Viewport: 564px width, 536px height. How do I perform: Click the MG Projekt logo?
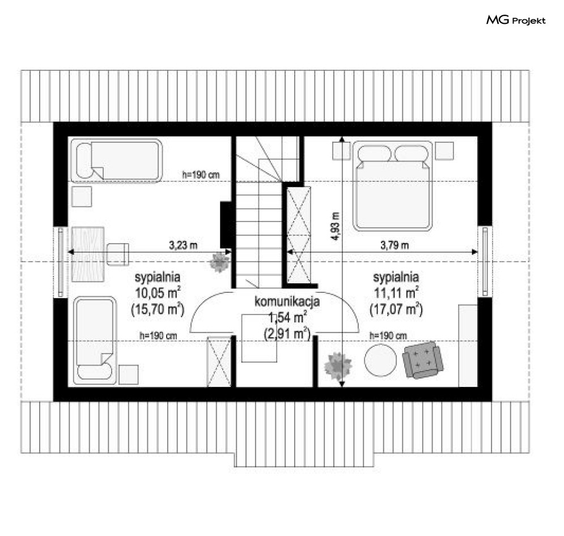[x=516, y=20]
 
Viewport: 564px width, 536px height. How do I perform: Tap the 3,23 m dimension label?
[x=183, y=245]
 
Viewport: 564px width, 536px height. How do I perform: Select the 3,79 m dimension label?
[x=395, y=245]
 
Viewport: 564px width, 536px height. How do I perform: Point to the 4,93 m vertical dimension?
[x=335, y=226]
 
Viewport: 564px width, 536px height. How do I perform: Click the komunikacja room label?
[x=287, y=301]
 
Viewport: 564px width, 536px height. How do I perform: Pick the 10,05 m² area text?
[x=158, y=292]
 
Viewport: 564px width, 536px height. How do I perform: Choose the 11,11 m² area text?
[x=396, y=292]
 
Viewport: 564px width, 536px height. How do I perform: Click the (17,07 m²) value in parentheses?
[x=396, y=309]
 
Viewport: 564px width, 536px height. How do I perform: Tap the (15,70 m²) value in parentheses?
[x=158, y=309]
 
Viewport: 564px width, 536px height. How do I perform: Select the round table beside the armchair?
[x=380, y=360]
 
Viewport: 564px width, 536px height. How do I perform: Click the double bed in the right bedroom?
[x=392, y=185]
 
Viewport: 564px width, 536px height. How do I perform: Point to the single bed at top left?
[x=116, y=160]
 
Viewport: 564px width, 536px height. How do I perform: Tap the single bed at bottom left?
[x=95, y=340]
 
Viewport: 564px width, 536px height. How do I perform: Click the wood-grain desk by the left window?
[x=88, y=254]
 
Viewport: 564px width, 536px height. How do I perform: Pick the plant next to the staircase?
[x=219, y=262]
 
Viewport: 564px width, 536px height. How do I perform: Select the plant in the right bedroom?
[x=337, y=365]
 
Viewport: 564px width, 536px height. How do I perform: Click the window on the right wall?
[x=485, y=261]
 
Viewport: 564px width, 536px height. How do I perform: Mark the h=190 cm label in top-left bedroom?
[x=201, y=175]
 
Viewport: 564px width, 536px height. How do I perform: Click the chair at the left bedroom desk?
[x=118, y=254]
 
